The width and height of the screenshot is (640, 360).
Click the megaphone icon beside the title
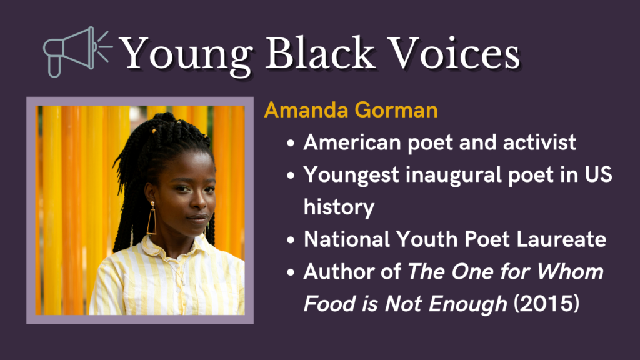77,52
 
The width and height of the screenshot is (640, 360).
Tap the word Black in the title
320,52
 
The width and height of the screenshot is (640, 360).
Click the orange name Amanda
306,110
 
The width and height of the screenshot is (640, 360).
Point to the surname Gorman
396,110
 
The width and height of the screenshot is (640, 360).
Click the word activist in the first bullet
539,142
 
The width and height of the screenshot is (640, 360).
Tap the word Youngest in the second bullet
351,176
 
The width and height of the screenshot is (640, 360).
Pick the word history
339,207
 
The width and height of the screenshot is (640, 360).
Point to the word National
347,239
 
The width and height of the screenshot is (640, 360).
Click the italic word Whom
570,271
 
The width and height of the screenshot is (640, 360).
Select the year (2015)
546,304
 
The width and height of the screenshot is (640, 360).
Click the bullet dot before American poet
291,143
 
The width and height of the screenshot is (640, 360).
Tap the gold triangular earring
152,219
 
